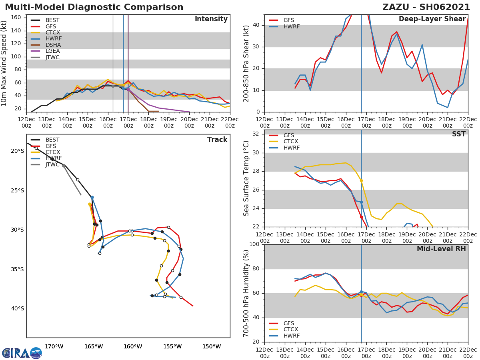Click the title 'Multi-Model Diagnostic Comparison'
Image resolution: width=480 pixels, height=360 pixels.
click(x=94, y=7)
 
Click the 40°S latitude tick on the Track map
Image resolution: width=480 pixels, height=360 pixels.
click(x=17, y=308)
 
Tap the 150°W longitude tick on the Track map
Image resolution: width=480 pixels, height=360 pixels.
click(x=212, y=346)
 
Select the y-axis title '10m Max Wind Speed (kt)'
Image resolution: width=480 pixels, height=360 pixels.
click(x=4, y=63)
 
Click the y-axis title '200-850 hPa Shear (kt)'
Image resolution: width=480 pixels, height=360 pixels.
click(x=246, y=63)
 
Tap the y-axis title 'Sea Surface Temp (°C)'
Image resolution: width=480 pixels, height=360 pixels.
click(x=246, y=178)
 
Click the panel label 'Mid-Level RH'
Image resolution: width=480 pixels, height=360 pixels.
click(x=441, y=249)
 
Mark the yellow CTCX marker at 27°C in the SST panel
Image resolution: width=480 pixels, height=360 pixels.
click(x=361, y=180)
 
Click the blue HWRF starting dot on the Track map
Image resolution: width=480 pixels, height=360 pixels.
click(x=92, y=197)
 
